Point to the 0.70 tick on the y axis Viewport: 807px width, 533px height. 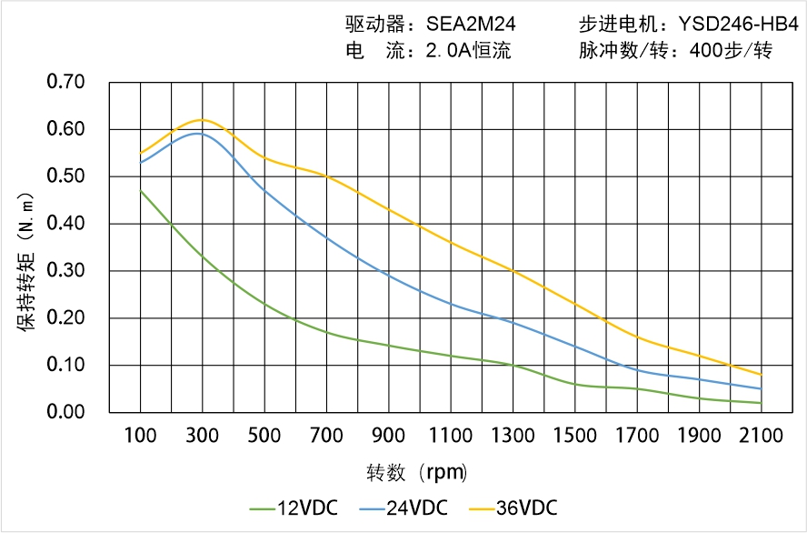click(x=65, y=83)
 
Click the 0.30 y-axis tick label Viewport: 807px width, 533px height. click(x=65, y=271)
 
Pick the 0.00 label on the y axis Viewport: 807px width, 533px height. click(x=65, y=412)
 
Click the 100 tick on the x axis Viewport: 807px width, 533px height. click(x=140, y=436)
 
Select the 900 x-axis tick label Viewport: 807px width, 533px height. click(x=389, y=436)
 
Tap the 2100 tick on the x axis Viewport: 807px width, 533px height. click(x=762, y=436)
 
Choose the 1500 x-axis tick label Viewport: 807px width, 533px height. click(x=575, y=436)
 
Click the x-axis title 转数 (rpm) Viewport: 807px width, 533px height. click(x=417, y=473)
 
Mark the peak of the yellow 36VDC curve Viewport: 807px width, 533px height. click(x=202, y=120)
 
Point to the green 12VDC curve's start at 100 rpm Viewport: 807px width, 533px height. click(x=141, y=191)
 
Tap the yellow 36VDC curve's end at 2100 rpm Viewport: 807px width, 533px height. click(x=762, y=375)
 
